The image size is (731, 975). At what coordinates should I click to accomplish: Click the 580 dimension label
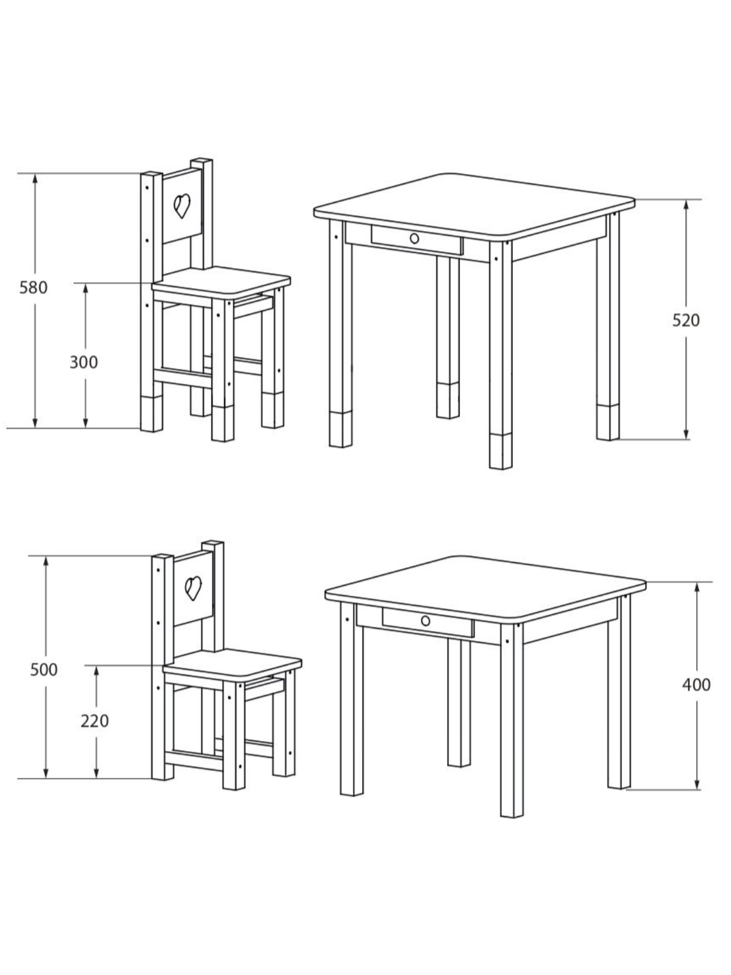coord(33,288)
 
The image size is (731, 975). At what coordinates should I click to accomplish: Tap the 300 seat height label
coord(83,363)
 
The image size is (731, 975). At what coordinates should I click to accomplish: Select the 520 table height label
coord(686,320)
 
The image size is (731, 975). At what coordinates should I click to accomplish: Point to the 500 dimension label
coord(44,669)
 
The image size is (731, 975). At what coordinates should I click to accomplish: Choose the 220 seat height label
coord(95,721)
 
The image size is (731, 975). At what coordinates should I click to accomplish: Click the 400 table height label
coord(696,685)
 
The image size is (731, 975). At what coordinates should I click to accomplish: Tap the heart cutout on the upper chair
coord(182,205)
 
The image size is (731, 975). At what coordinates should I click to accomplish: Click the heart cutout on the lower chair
coord(193,588)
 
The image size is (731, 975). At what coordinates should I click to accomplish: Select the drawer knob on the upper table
coord(414,238)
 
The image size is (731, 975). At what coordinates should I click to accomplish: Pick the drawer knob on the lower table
coord(425,621)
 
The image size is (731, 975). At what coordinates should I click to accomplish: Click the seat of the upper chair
coord(221,281)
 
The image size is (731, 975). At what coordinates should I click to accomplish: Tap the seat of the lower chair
coord(233,664)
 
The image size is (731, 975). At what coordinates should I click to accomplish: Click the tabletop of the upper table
coord(474,206)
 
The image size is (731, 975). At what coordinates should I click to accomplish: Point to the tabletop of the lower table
coord(485,588)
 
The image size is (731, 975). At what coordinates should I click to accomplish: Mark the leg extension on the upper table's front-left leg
coord(340,429)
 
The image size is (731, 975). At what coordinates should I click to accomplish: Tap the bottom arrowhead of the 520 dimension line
coord(686,434)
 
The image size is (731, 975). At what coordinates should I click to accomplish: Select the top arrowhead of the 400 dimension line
coord(697,588)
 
